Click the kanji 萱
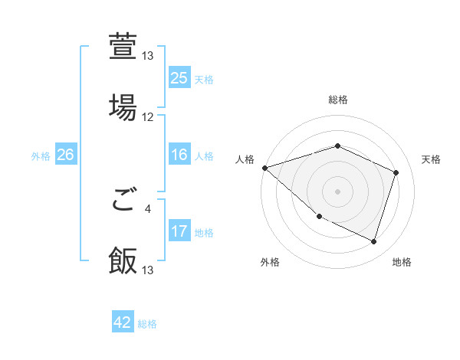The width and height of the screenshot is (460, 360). click(123, 47)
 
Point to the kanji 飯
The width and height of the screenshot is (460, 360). click(123, 260)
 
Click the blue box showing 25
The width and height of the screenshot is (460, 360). click(179, 77)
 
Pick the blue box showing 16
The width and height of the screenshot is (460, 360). click(179, 155)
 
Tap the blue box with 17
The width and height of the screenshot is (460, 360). click(179, 231)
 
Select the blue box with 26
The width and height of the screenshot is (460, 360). click(65, 155)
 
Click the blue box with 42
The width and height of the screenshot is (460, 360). click(123, 323)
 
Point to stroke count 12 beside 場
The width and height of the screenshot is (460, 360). click(148, 117)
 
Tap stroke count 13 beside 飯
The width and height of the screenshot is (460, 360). click(148, 270)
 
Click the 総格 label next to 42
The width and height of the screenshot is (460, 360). click(147, 324)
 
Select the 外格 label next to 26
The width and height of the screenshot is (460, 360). click(41, 155)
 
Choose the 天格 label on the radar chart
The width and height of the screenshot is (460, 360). click(431, 159)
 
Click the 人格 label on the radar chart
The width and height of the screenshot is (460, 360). click(245, 159)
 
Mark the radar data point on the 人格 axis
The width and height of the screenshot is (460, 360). click(264, 168)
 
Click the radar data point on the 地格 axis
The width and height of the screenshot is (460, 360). click(373, 241)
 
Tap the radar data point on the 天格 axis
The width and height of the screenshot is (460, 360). click(396, 173)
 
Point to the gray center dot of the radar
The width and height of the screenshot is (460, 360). click(337, 191)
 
